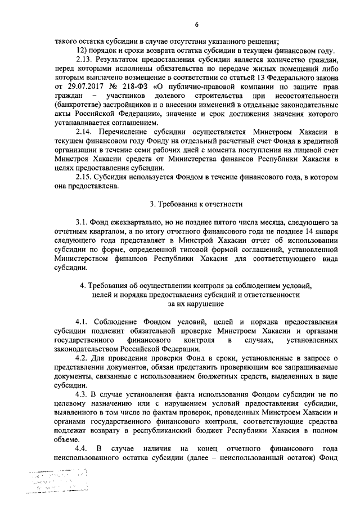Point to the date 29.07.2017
tap(83, 87)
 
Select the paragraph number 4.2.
tap(82, 358)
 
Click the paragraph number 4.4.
tap(82, 448)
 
